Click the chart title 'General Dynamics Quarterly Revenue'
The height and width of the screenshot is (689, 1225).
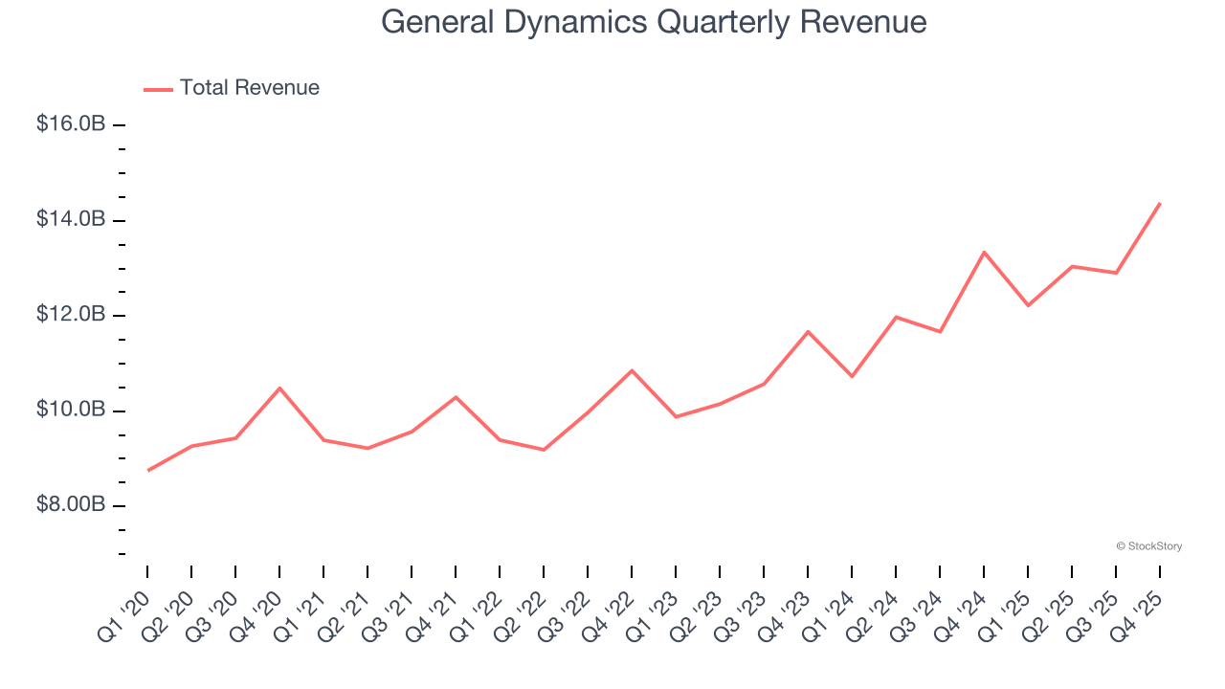point(654,21)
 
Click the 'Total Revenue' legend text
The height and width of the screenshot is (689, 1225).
point(249,88)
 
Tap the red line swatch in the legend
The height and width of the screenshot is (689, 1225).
point(158,89)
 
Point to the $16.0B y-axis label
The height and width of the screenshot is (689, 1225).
point(71,124)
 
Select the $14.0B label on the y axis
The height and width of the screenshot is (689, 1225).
point(71,220)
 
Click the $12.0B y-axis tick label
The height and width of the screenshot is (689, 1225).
point(71,315)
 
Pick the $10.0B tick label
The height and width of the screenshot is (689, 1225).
point(71,410)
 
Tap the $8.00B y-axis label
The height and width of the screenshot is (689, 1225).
point(71,504)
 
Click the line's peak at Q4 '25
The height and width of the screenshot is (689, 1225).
point(1160,203)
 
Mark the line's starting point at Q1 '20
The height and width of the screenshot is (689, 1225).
point(147,470)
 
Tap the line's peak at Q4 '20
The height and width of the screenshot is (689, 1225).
point(279,388)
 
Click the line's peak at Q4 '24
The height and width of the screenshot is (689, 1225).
point(984,252)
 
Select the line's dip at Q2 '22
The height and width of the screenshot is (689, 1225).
point(544,450)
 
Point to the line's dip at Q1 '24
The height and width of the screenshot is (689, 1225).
point(852,376)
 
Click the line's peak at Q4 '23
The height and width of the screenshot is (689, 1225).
point(808,331)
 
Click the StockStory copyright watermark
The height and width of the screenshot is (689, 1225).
point(1148,546)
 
